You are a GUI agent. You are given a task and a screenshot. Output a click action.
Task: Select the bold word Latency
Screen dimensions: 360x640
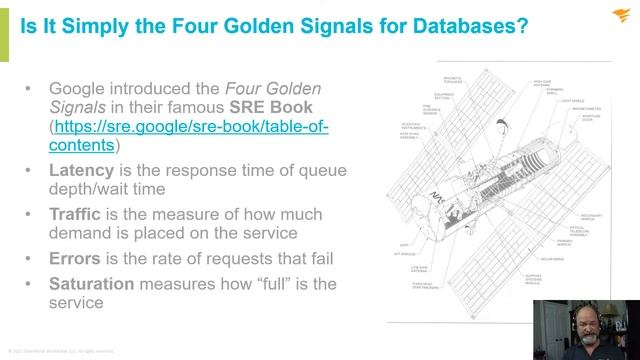83,171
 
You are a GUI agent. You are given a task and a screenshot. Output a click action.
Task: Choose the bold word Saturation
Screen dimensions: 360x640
95,284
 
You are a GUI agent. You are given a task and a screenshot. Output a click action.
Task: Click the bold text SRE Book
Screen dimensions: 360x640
270,106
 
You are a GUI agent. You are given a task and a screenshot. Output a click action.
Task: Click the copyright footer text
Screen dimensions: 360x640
61,351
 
